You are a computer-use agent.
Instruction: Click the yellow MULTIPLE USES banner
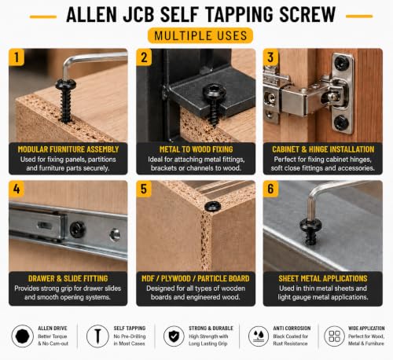click(x=200, y=35)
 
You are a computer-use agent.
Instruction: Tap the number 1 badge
click(x=17, y=57)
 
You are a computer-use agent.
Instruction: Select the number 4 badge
click(x=17, y=189)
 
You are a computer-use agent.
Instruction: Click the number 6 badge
click(x=270, y=189)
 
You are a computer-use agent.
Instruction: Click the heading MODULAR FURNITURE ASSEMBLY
click(x=68, y=149)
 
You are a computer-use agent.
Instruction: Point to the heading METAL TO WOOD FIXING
click(x=196, y=149)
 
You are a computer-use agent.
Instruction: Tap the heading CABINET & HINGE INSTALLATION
click(x=323, y=149)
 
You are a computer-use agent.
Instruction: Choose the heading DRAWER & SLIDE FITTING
click(x=68, y=278)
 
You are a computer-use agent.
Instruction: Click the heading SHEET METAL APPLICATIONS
click(x=323, y=278)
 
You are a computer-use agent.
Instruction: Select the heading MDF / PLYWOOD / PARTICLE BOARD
click(x=196, y=278)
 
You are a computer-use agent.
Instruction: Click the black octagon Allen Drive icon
click(x=23, y=336)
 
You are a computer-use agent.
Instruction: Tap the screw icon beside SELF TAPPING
click(x=97, y=336)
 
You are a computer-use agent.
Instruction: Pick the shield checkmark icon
click(x=174, y=336)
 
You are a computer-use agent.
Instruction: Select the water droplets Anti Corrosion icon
click(x=259, y=336)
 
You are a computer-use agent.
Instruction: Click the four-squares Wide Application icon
click(x=334, y=336)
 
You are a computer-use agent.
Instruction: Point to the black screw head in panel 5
click(x=212, y=207)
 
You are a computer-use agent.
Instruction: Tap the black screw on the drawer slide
click(x=78, y=230)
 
